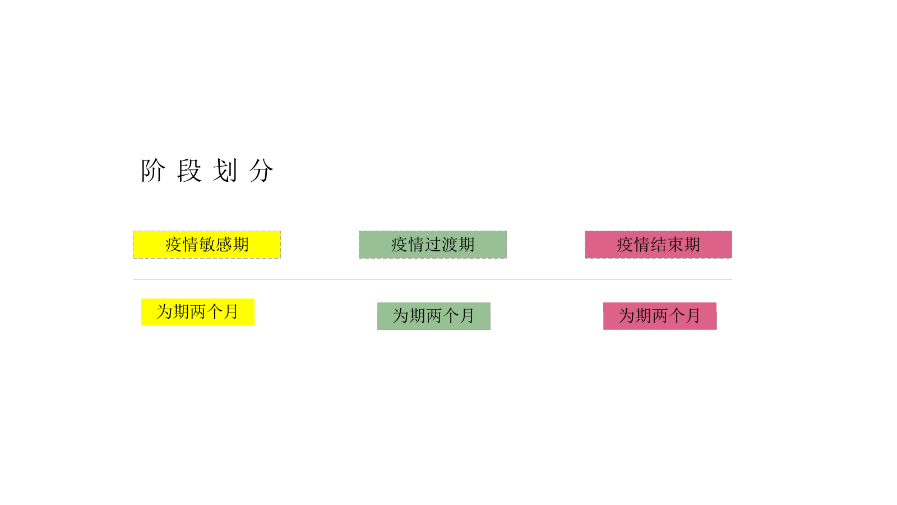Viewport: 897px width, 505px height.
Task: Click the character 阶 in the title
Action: pos(153,171)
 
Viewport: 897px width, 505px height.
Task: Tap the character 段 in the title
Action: pos(189,171)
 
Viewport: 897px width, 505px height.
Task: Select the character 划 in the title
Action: pos(225,171)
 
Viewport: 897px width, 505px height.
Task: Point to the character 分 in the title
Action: pos(261,171)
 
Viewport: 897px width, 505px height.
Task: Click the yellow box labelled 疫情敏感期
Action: pos(207,245)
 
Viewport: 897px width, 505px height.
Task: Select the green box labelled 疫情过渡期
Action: pos(433,245)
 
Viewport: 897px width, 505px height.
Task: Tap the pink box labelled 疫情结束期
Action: pos(658,245)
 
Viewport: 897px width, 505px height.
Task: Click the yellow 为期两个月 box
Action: pos(197,312)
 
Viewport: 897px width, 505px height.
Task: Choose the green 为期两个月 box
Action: pos(433,316)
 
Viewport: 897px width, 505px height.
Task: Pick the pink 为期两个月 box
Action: pos(660,316)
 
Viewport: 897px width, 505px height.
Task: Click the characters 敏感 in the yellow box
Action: pos(215,245)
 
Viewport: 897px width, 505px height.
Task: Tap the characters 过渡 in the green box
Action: pos(441,245)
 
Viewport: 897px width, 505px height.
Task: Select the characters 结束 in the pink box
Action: pos(667,245)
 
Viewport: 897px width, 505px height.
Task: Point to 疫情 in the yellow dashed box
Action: pos(182,245)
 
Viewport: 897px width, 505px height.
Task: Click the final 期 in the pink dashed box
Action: pos(692,245)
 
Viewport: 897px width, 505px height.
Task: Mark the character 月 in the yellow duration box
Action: pos(232,312)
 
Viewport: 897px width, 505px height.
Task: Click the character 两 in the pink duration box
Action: pos(660,316)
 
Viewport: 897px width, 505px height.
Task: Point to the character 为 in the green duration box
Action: pos(400,316)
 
